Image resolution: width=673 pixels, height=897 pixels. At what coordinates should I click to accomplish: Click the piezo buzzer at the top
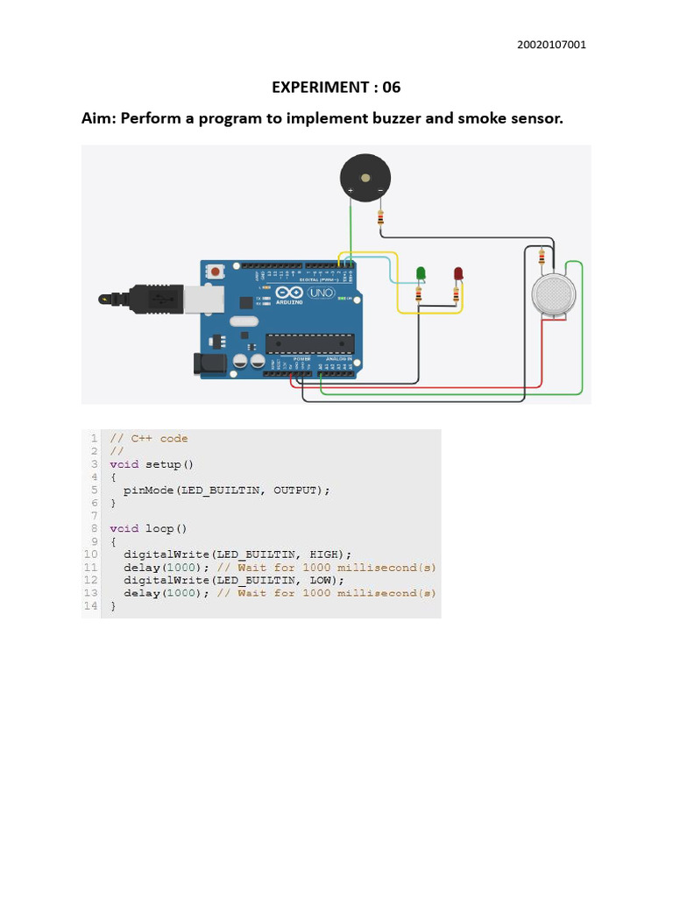point(365,179)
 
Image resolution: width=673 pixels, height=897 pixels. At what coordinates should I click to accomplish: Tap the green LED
point(421,274)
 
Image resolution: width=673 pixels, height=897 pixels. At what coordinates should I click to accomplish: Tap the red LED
point(457,274)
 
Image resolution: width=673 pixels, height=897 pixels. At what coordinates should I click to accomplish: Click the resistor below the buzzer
point(380,215)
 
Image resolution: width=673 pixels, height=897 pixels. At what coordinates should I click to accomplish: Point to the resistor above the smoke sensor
point(542,258)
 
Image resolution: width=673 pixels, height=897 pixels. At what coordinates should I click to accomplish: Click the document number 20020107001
point(553,45)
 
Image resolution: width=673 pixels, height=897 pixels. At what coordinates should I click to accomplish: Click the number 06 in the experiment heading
point(390,87)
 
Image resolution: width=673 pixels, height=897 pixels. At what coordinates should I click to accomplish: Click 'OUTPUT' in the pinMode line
point(298,491)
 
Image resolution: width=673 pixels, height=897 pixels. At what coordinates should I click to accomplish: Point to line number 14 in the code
point(90,605)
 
